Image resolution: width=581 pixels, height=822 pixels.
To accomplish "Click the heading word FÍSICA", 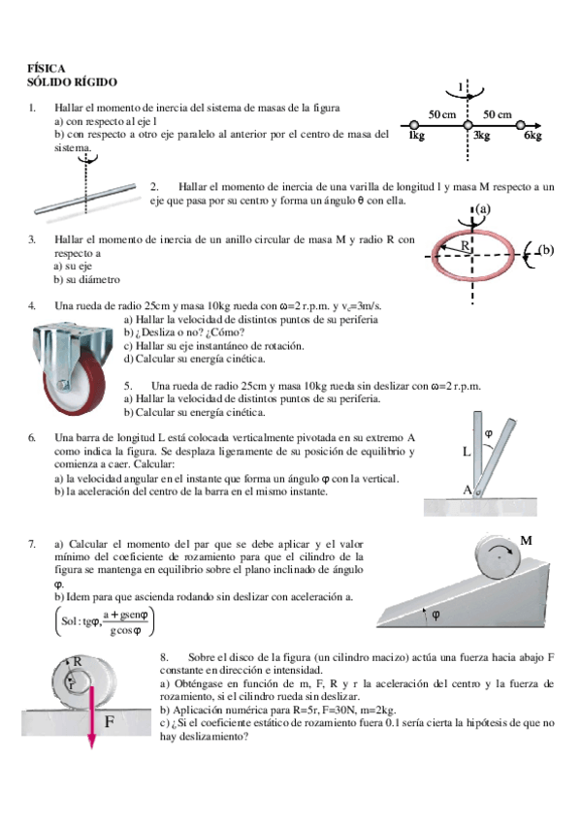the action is tap(47, 69).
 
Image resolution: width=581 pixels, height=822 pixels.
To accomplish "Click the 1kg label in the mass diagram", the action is tap(416, 136).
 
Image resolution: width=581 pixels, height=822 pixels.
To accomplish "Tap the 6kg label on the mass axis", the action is tap(533, 136).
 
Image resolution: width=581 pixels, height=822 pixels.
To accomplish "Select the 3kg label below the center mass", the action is tap(481, 136).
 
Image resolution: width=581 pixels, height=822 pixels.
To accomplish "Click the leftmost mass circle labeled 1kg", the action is tap(414, 125).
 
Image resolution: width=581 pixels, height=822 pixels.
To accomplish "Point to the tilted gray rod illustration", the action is tap(85, 199).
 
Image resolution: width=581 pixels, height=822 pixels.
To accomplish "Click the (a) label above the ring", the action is tap(482, 209).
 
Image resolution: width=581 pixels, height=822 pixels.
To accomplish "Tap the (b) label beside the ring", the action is tap(546, 249).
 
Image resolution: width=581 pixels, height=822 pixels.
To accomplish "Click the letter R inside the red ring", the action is tap(466, 245).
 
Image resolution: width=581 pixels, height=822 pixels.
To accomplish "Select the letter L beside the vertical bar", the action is tap(467, 452).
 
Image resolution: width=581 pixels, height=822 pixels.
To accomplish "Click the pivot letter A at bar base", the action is tap(468, 490).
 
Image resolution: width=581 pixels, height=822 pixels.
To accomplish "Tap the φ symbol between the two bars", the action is tap(488, 433).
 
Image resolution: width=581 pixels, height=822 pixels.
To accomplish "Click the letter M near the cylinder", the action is tap(526, 541).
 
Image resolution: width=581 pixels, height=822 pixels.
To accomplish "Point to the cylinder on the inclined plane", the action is tap(499, 557).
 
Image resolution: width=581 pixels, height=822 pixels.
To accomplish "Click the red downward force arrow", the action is tap(92, 716).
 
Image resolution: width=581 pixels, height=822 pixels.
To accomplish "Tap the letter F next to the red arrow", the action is tap(109, 722).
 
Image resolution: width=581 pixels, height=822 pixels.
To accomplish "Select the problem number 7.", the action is tap(32, 544).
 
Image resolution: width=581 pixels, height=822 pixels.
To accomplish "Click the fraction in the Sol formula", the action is tap(125, 622).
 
